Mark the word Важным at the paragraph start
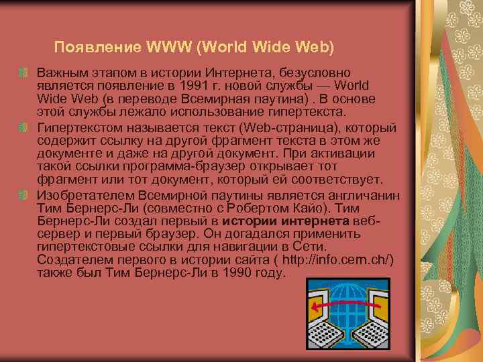pos(58,72)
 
